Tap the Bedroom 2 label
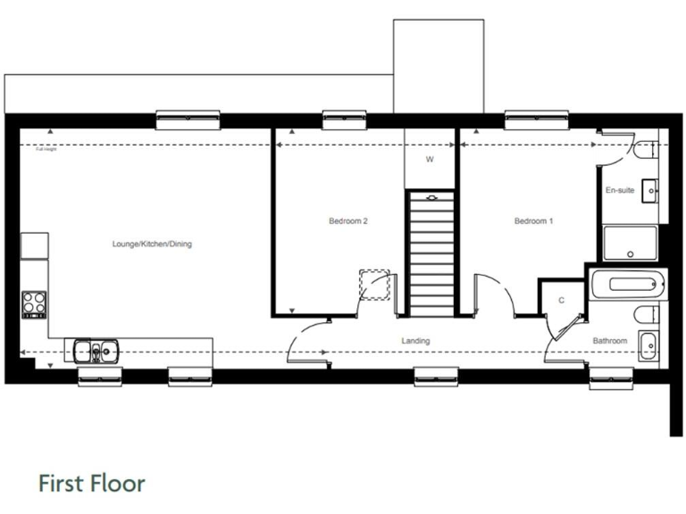coord(348,221)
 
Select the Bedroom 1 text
coord(533,221)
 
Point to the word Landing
coord(415,341)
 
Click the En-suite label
coord(620,190)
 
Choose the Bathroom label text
coord(610,341)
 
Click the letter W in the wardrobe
coord(429,160)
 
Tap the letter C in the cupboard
coord(561,300)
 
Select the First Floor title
coord(91,484)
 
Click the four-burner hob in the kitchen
coord(34,304)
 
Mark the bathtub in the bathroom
coord(628,286)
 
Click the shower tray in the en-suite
coord(631,243)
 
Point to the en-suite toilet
coord(646,153)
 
